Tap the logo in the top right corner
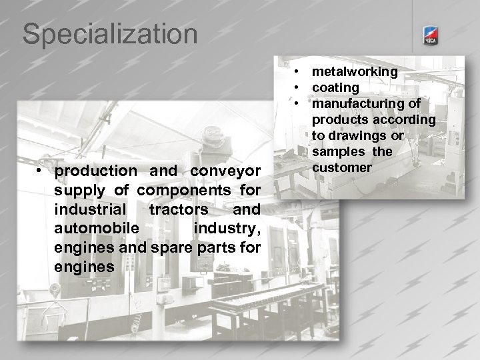pyautogui.click(x=431, y=38)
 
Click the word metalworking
pyautogui.click(x=355, y=71)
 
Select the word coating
pyautogui.click(x=335, y=87)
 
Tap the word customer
pyautogui.click(x=341, y=167)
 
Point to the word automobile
pyautogui.click(x=97, y=229)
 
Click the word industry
pyautogui.click(x=226, y=229)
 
